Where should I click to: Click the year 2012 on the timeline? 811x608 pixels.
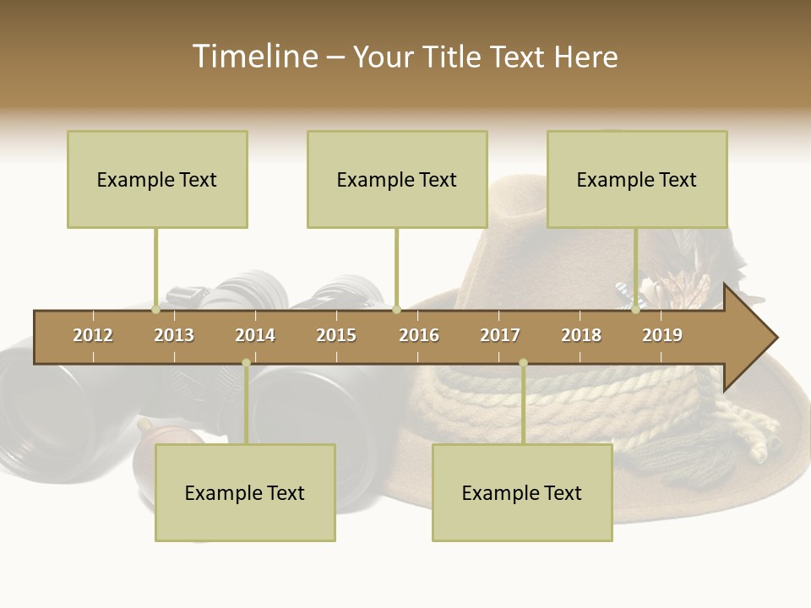(93, 335)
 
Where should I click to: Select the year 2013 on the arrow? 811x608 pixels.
(174, 335)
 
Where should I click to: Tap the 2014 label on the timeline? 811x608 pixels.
(255, 335)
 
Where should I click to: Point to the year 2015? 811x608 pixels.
(336, 335)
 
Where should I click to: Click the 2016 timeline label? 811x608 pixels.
(419, 335)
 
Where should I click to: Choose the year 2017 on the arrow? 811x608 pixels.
(500, 335)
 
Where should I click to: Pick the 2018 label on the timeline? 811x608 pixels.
(581, 335)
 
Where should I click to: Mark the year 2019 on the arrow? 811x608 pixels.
(662, 335)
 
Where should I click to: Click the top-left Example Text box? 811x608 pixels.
(157, 179)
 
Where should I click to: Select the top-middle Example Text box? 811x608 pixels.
(397, 179)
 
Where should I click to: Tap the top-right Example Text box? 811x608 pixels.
(637, 179)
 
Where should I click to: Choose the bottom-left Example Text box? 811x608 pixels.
(245, 492)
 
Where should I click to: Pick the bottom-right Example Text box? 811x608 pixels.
(522, 492)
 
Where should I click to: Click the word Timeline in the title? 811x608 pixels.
(253, 57)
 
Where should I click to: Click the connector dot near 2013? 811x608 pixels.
(156, 310)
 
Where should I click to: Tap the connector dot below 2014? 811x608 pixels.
(246, 363)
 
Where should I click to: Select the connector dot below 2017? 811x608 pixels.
(523, 363)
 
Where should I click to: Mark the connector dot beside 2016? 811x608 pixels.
(397, 310)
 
